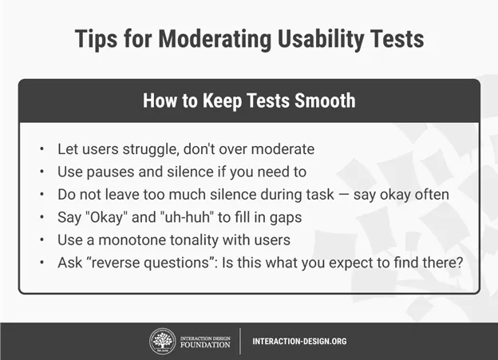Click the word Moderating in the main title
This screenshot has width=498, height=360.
(215, 40)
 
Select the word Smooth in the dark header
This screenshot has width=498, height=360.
(325, 101)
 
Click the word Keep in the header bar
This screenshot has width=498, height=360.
(222, 101)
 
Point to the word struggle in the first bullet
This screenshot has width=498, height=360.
(151, 149)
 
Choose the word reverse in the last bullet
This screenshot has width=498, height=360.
(117, 263)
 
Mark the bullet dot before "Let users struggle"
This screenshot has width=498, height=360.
(42, 149)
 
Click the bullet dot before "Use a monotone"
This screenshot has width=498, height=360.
(42, 240)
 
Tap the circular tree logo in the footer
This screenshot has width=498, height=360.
(162, 342)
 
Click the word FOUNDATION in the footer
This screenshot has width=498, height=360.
(205, 345)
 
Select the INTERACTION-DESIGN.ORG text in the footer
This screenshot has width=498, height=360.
(299, 342)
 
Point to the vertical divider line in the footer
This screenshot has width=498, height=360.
(240, 342)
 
